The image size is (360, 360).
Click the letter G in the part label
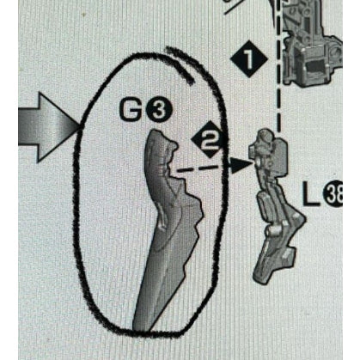click(x=131, y=111)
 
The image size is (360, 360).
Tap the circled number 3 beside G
click(x=159, y=111)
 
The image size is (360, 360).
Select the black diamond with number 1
click(x=249, y=59)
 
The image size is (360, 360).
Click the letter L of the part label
click(x=311, y=194)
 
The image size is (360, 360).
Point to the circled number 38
click(x=333, y=193)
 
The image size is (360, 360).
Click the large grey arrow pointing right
click(x=49, y=127)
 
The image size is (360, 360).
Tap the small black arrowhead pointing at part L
click(x=241, y=166)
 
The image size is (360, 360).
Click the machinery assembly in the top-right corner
click(x=312, y=43)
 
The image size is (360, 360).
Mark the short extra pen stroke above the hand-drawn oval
click(x=180, y=64)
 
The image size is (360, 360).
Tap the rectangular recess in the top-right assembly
click(x=316, y=66)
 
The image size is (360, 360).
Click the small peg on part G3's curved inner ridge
click(x=163, y=222)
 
